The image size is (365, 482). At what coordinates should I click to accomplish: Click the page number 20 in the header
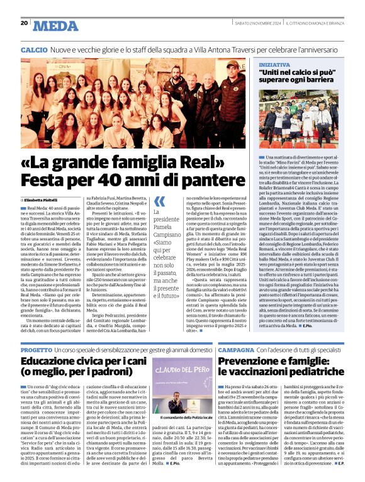(x=24, y=24)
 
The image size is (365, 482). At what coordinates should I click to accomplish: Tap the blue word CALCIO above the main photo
(x=33, y=49)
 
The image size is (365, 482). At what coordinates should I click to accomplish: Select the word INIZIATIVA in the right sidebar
(x=274, y=64)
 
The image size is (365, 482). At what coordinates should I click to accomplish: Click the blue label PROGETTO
(x=36, y=349)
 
